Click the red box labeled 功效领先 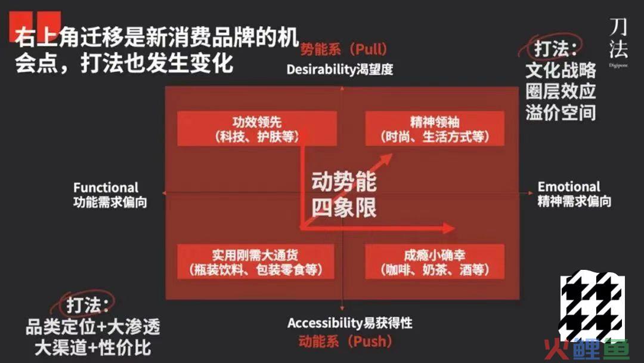click(x=257, y=129)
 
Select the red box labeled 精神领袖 click(x=435, y=129)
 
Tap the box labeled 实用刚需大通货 click(x=255, y=262)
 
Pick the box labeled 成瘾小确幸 click(x=435, y=262)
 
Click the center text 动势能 click(x=344, y=181)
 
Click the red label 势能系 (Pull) click(x=344, y=50)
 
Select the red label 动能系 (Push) click(x=345, y=342)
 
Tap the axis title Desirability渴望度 click(x=340, y=69)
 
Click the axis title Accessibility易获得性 click(x=350, y=323)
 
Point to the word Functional click(x=106, y=187)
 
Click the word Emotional click(x=569, y=187)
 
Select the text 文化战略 click(x=561, y=70)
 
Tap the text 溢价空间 click(x=561, y=112)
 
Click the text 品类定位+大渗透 click(x=93, y=327)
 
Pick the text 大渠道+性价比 click(x=93, y=348)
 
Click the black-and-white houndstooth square click(x=593, y=305)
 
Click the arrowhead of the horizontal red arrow click(x=448, y=228)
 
